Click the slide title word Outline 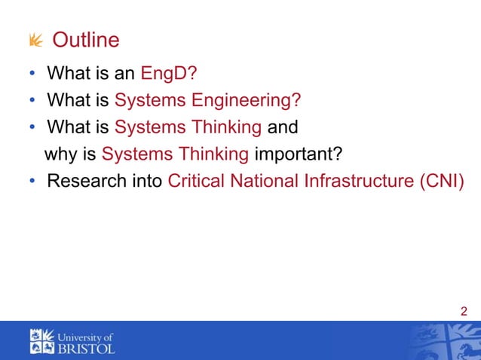[85, 39]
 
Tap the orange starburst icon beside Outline [35, 39]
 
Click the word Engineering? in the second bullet [244, 101]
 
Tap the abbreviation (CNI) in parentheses [439, 182]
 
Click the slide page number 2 [463, 312]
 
